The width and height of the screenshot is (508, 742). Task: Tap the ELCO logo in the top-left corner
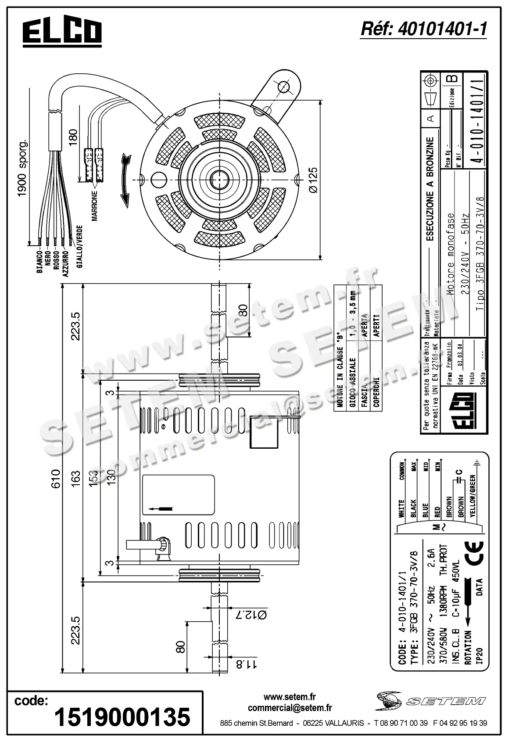pyautogui.click(x=62, y=32)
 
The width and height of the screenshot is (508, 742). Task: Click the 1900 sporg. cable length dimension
pyautogui.click(x=22, y=168)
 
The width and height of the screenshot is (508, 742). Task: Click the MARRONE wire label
pyautogui.click(x=95, y=206)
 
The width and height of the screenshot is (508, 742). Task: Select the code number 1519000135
pyautogui.click(x=122, y=717)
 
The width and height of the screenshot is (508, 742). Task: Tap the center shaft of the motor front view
pyautogui.click(x=218, y=179)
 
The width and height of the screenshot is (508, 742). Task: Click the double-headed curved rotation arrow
pyautogui.click(x=126, y=180)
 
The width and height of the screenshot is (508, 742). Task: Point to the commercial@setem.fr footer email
pyautogui.click(x=290, y=708)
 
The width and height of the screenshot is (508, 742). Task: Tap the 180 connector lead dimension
pyautogui.click(x=73, y=137)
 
